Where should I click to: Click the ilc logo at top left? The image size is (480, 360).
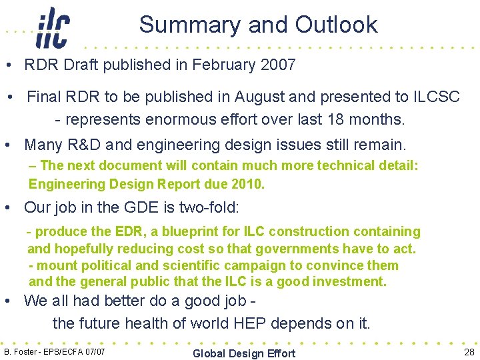click(54, 28)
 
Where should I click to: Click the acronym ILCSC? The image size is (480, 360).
click(436, 97)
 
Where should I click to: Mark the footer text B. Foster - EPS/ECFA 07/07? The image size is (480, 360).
click(55, 351)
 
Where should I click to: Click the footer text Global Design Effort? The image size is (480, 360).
click(243, 353)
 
